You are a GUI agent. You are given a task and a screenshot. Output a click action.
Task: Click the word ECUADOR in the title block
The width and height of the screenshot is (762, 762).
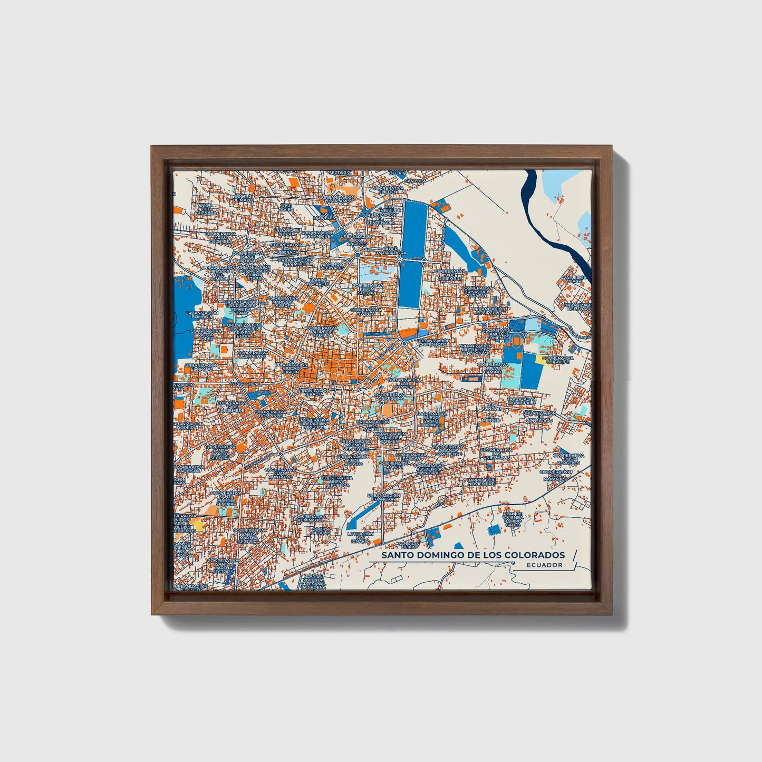(544, 565)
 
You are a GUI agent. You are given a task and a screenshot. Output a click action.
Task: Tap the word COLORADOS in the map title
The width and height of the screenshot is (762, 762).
(534, 555)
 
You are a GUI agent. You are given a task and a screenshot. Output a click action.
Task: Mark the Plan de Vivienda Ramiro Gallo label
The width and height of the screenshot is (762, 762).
(513, 519)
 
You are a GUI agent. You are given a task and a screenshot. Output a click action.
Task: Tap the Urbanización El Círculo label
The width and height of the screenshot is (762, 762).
(485, 311)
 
